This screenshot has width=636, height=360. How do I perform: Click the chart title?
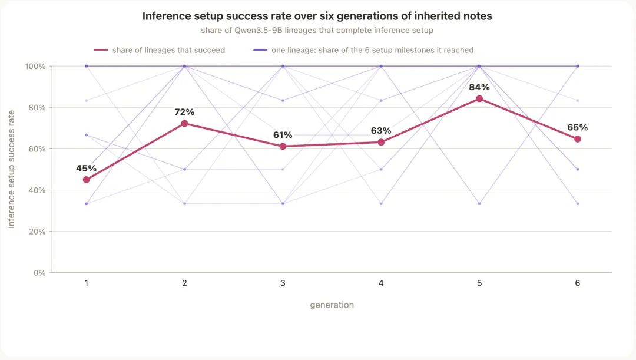[x=317, y=16]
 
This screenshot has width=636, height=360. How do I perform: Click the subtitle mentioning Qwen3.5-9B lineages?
[x=317, y=31]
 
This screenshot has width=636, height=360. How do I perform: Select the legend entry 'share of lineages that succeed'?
[x=160, y=50]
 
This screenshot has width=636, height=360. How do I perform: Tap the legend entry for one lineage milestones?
[x=363, y=50]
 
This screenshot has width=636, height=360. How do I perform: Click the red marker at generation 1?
[x=87, y=180]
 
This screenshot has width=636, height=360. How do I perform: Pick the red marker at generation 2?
[x=184, y=123]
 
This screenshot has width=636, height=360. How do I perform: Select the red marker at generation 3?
[x=283, y=147]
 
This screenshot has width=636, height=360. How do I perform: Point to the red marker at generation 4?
[x=381, y=142]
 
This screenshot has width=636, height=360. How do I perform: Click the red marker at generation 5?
[x=479, y=98]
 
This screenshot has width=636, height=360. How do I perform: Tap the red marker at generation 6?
[x=578, y=139]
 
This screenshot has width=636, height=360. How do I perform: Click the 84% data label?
[x=479, y=87]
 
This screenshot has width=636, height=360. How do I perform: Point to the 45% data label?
[x=87, y=169]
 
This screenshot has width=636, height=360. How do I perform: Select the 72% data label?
[x=184, y=112]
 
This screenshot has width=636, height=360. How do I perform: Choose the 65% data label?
[x=578, y=127]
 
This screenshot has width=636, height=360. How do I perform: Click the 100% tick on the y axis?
[x=35, y=66]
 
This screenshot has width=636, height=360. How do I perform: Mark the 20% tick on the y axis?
[x=37, y=232]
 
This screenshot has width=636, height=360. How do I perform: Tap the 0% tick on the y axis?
[x=39, y=273]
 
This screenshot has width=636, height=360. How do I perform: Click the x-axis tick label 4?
[x=381, y=283]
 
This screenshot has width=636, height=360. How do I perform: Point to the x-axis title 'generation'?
[x=332, y=305]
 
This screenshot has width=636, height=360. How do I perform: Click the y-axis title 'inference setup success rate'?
[x=11, y=169]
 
